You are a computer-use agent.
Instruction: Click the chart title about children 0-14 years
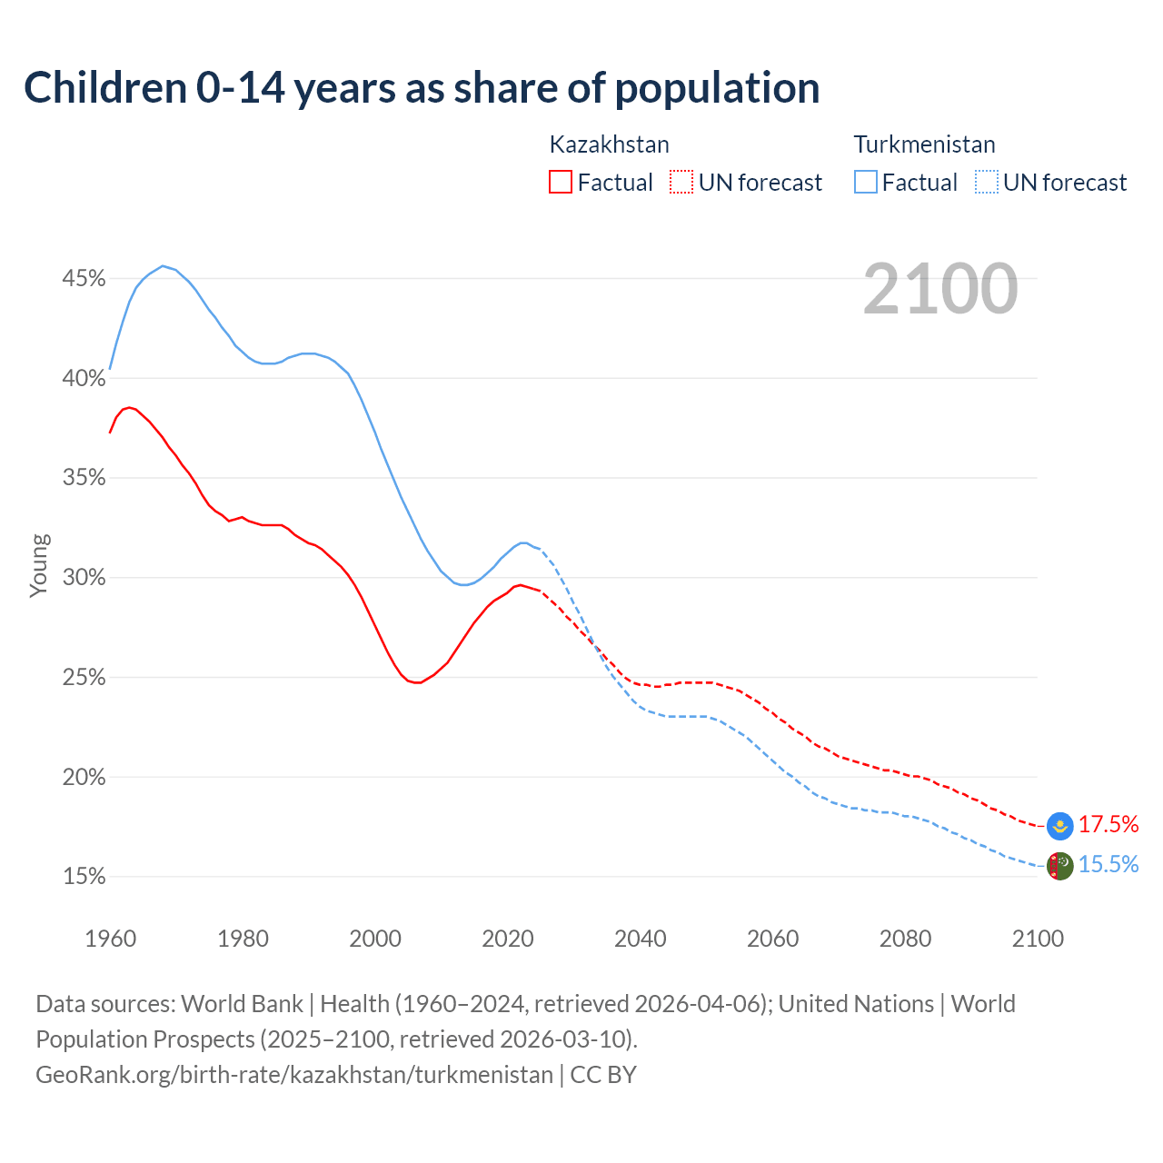422,88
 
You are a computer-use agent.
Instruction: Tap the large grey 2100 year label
940,289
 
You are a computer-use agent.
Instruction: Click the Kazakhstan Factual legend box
561,183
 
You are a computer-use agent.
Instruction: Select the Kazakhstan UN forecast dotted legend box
681,183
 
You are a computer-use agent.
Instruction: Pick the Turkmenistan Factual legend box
866,183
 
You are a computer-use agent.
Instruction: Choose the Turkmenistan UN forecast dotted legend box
987,183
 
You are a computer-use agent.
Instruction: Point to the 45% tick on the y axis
84,278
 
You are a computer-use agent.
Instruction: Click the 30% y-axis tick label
84,578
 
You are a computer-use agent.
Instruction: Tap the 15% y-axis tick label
84,877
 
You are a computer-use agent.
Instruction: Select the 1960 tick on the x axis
111,939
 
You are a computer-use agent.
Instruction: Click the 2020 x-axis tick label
508,939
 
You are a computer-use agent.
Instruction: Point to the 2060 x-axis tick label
772,939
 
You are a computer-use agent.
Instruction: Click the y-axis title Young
39,565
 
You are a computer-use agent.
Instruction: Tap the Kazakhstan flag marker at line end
1059,825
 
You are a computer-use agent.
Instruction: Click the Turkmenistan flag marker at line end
1059,866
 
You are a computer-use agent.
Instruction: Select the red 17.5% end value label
1108,824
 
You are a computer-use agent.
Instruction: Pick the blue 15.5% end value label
1108,864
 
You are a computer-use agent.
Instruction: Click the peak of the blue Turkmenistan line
163,266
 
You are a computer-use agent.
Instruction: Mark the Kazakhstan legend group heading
610,144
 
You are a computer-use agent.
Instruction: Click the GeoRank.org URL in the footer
294,1075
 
